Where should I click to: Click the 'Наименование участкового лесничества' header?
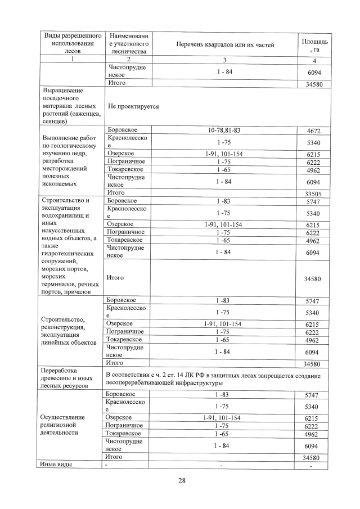(128, 44)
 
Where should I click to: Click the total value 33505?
(312, 193)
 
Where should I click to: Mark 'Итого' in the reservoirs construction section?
(115, 277)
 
